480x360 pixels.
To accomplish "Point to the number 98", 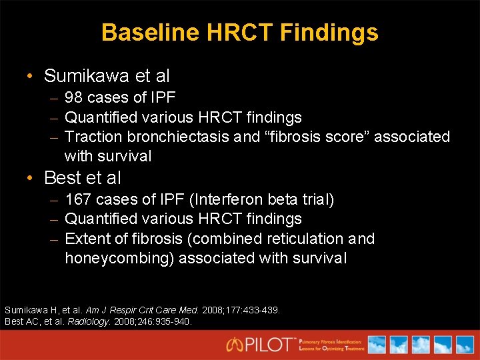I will [73, 98].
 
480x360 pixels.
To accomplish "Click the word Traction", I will [92, 137].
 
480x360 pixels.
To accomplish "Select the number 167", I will [78, 199].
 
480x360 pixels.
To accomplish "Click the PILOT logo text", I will [262, 344].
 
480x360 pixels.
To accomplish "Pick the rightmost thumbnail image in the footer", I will [463, 344].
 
